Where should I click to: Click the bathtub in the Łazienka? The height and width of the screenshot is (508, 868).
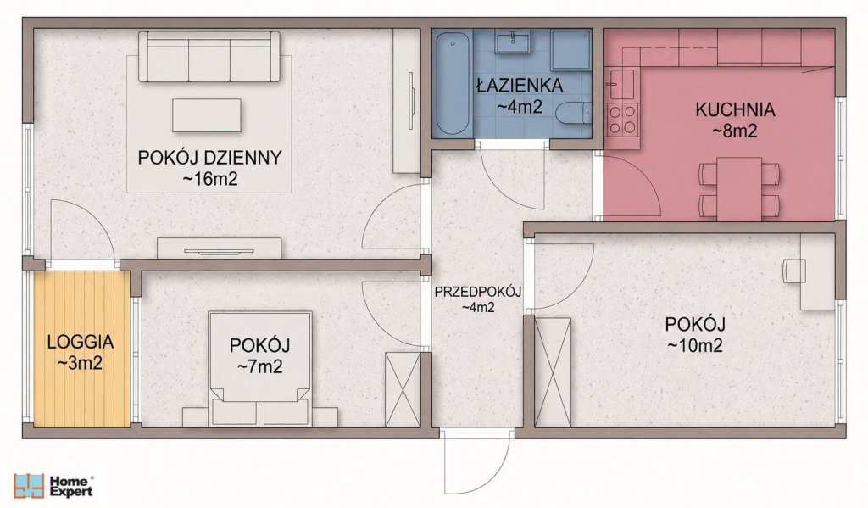[x=453, y=83]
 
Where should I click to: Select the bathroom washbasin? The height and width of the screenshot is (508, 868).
[x=513, y=42]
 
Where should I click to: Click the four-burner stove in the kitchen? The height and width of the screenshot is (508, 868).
[x=622, y=120]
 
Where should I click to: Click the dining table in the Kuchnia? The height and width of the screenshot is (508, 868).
[x=739, y=189]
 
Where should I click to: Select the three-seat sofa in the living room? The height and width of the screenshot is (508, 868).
[x=209, y=57]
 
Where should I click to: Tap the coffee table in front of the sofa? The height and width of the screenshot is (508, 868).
[x=207, y=115]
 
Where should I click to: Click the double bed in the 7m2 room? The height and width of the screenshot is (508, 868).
[x=259, y=368]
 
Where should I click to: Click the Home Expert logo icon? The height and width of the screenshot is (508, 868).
[x=29, y=485]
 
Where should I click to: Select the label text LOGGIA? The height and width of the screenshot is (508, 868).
[x=81, y=342]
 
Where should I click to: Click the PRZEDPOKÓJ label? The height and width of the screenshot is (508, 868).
[x=478, y=292]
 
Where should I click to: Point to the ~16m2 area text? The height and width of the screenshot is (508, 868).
[x=210, y=179]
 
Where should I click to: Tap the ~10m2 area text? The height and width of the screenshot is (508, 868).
[x=695, y=346]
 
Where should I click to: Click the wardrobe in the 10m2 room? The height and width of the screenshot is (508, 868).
[x=552, y=371]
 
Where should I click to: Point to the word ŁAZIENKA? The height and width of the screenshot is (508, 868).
[x=520, y=86]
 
